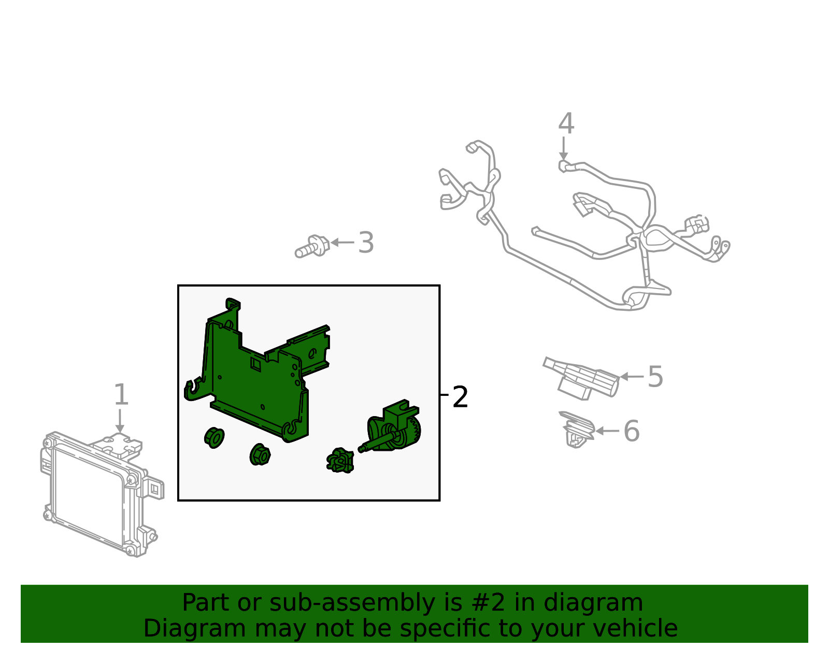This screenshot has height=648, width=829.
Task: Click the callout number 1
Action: click(121, 395)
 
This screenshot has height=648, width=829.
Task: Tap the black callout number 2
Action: click(460, 397)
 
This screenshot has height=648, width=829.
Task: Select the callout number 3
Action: click(366, 243)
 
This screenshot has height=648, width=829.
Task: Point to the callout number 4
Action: click(566, 124)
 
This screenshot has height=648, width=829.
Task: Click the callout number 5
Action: click(655, 377)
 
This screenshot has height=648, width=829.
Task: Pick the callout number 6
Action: click(631, 431)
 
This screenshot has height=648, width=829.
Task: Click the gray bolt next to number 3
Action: click(313, 246)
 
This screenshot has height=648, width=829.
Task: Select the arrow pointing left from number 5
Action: click(632, 377)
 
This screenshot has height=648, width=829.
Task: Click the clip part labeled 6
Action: click(577, 430)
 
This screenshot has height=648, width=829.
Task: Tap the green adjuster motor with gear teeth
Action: click(396, 428)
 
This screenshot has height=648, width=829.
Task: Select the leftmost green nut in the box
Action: click(214, 437)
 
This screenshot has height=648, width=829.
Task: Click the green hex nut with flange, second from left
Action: click(260, 455)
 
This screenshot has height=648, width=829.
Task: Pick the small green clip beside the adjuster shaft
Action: click(340, 461)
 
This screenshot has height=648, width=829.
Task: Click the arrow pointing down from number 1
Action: click(120, 421)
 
